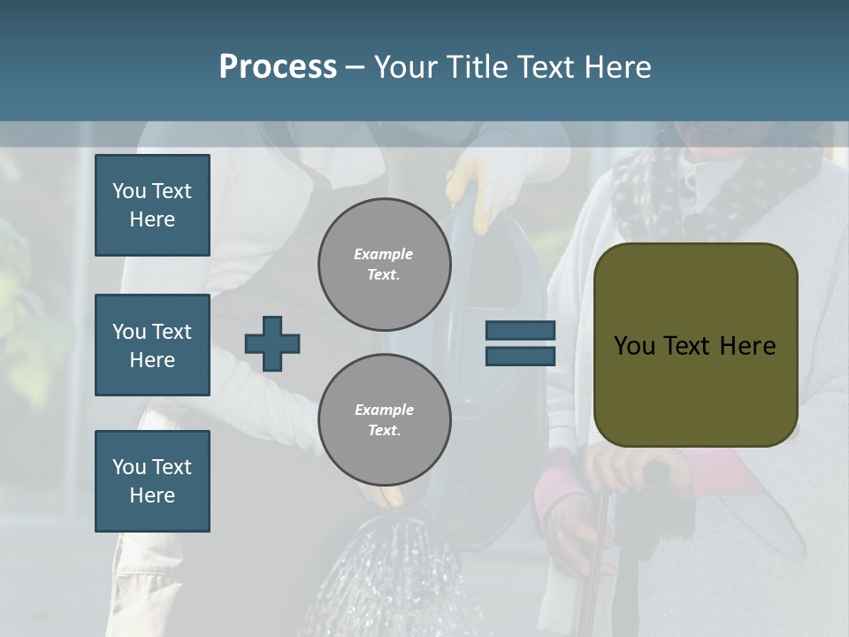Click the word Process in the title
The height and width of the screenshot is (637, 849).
click(278, 67)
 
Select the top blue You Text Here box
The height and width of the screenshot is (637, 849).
click(152, 205)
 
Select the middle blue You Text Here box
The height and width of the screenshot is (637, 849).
click(152, 345)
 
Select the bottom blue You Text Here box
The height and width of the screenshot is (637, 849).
click(152, 480)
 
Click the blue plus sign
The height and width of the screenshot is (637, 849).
click(272, 343)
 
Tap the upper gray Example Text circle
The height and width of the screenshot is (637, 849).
click(384, 265)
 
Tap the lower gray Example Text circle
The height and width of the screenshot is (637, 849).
click(384, 420)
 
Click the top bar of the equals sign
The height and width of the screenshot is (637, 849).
click(520, 331)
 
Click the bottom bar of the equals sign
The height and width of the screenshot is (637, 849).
click(520, 356)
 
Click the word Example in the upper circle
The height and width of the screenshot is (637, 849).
click(384, 254)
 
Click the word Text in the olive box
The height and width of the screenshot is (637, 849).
click(695, 346)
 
